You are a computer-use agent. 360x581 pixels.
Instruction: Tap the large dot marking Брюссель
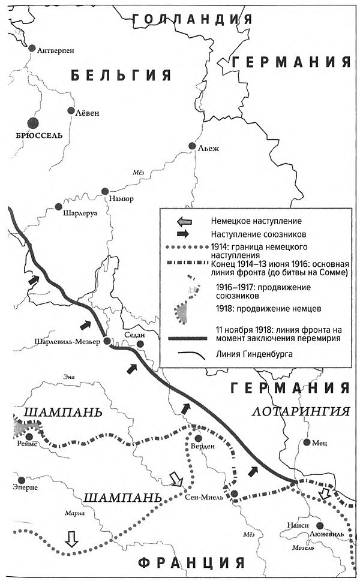click(32, 123)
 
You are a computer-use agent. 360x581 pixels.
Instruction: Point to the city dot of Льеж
click(192, 146)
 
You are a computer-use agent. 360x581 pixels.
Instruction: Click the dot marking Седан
click(140, 344)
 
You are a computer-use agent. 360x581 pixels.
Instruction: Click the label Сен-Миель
click(204, 496)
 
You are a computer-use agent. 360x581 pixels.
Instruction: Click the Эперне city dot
click(22, 480)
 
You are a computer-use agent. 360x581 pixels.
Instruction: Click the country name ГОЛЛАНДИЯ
click(192, 19)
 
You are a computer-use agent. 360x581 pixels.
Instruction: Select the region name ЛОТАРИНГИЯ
click(300, 411)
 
